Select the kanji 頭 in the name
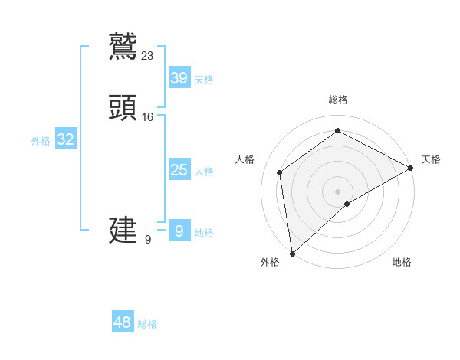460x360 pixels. click(x=123, y=108)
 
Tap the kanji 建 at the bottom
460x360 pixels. click(x=123, y=230)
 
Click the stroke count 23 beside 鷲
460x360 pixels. click(x=148, y=55)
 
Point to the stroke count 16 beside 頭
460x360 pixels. click(x=148, y=117)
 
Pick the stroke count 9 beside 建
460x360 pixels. click(x=148, y=239)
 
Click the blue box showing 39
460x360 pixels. click(x=179, y=78)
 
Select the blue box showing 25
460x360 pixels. click(x=179, y=170)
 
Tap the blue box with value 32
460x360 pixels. click(x=66, y=139)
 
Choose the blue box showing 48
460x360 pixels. click(x=123, y=322)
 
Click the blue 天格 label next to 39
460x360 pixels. click(x=204, y=80)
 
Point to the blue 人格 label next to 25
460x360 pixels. click(x=204, y=172)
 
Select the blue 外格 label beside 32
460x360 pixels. click(x=41, y=141)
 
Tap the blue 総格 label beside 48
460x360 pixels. click(x=147, y=324)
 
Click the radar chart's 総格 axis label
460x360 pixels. click(x=338, y=100)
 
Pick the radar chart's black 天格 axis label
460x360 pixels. click(x=431, y=159)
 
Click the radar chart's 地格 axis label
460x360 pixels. click(x=402, y=262)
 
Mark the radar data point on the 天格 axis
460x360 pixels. click(x=411, y=168)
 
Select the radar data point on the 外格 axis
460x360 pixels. click(x=292, y=253)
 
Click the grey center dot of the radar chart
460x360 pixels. click(x=337, y=191)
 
